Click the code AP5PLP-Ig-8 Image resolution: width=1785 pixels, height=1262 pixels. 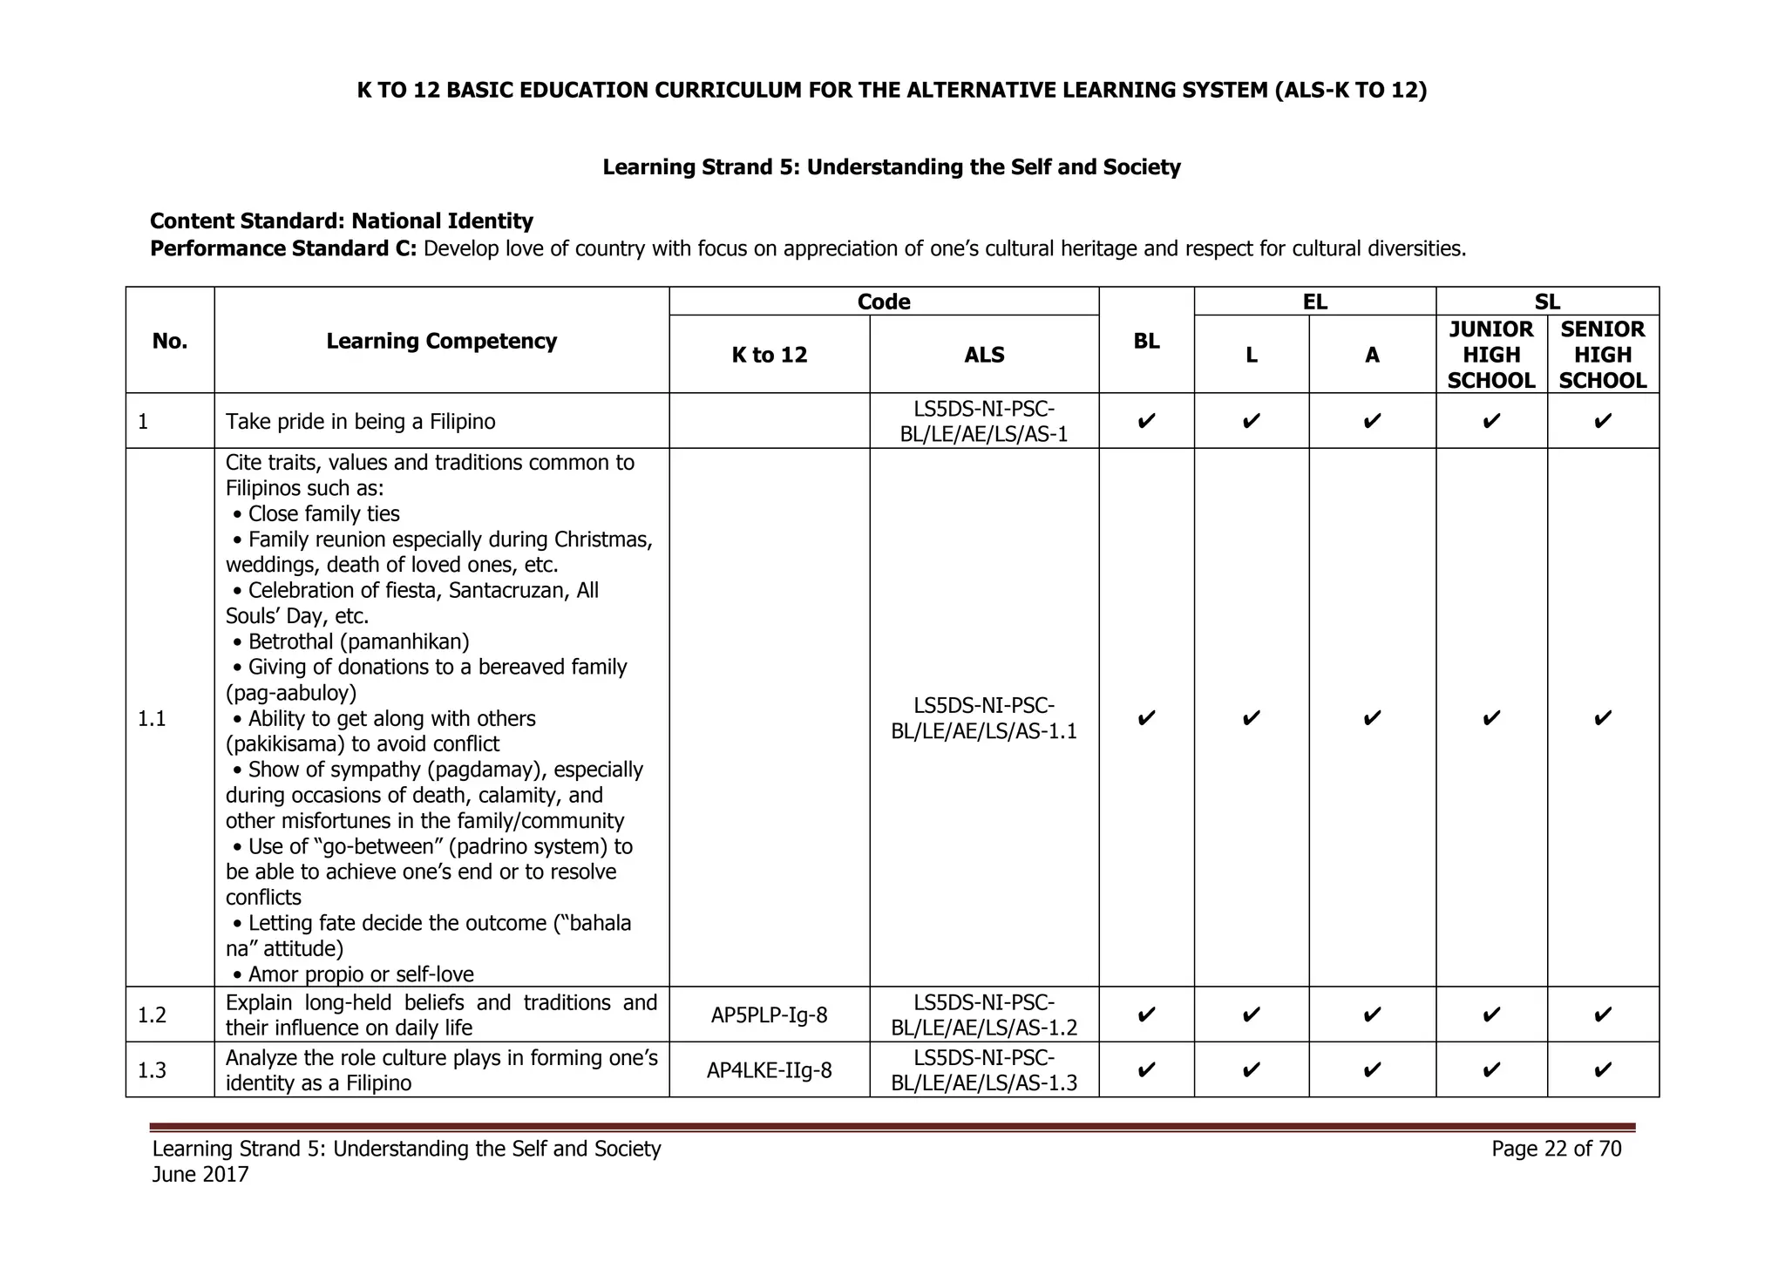tap(769, 1014)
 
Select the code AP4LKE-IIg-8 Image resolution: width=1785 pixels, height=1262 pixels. tap(769, 1070)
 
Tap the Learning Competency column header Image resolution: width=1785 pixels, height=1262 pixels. tap(441, 341)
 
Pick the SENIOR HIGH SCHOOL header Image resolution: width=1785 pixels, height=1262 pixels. tap(1602, 355)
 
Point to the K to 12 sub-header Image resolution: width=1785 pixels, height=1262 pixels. tap(769, 355)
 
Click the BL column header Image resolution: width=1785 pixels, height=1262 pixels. tap(1146, 341)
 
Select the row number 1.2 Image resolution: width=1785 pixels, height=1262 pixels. tap(152, 1014)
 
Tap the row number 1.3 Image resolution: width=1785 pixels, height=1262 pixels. tap(152, 1070)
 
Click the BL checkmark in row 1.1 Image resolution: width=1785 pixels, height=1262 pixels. tap(1146, 718)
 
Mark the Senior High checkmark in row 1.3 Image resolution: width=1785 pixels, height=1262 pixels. tap(1602, 1069)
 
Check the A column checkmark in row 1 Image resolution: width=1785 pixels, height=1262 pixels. tap(1371, 422)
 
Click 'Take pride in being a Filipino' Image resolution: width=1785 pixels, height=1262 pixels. tap(360, 422)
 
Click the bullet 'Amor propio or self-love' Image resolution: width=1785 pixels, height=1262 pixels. tap(360, 974)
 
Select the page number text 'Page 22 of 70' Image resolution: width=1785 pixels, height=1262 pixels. tap(1556, 1149)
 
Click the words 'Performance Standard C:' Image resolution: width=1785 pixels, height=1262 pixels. tap(283, 249)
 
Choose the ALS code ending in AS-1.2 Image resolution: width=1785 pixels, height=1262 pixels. tap(983, 1014)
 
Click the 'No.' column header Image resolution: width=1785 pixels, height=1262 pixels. tap(169, 341)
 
